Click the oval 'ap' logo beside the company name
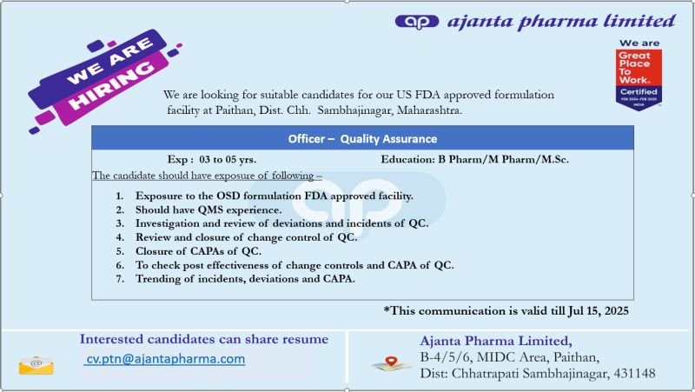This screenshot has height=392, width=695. (x=416, y=21)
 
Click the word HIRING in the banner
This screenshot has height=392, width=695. (x=111, y=85)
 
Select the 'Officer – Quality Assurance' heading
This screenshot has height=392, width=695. (x=362, y=139)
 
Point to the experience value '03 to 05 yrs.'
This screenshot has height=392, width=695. (x=228, y=160)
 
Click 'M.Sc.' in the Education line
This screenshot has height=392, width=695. (x=554, y=160)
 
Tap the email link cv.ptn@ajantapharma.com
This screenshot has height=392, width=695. (x=165, y=359)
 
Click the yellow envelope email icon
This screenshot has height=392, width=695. (x=36, y=366)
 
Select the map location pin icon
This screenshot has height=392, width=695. (x=391, y=363)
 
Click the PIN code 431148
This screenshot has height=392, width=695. (x=634, y=374)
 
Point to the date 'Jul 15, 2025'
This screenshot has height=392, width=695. (x=598, y=311)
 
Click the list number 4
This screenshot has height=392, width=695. (x=120, y=237)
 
